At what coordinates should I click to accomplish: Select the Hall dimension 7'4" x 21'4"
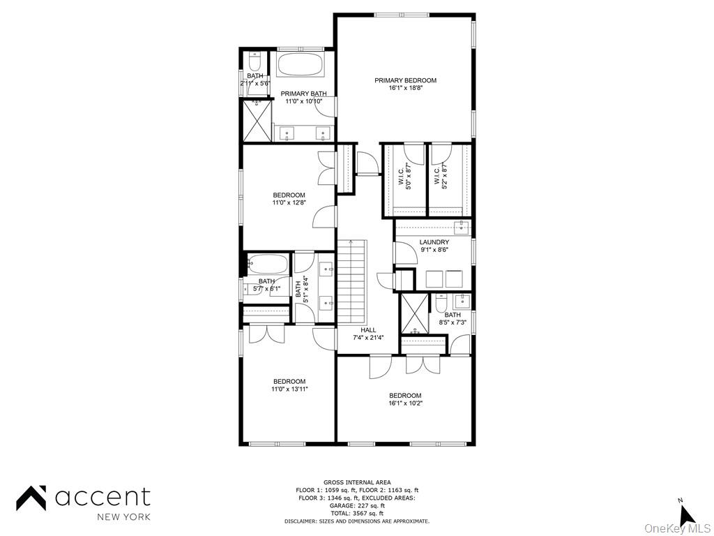[368, 337]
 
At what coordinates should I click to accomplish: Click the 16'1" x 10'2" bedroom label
[405, 399]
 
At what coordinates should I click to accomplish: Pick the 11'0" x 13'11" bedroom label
[289, 385]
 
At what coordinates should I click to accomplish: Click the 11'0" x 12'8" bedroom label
[289, 199]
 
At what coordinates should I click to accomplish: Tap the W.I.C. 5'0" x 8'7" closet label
[404, 177]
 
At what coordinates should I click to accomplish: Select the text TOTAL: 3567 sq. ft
[357, 513]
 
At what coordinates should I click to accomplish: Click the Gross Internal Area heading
[357, 482]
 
